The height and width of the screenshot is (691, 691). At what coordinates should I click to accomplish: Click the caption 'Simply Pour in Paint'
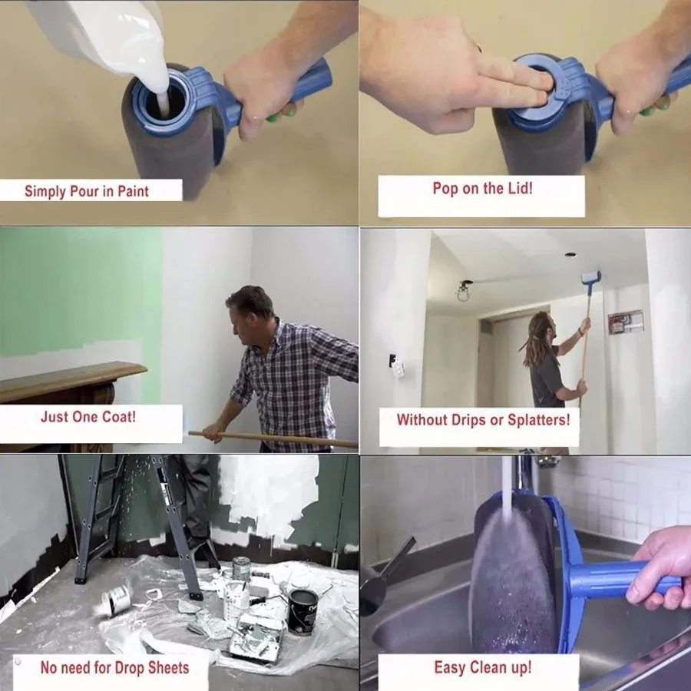click(87, 191)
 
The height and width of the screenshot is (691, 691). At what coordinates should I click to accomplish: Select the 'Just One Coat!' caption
click(88, 418)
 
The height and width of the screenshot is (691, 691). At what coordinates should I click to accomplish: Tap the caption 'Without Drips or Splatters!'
click(483, 420)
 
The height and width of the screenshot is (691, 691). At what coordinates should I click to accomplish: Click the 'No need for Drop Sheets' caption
click(114, 667)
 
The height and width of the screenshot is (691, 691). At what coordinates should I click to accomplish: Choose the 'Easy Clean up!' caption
click(482, 667)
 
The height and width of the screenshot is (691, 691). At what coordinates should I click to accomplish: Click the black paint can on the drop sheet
click(303, 610)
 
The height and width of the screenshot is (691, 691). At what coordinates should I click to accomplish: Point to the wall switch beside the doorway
click(398, 369)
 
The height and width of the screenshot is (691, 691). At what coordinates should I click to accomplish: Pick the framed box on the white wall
click(625, 322)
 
